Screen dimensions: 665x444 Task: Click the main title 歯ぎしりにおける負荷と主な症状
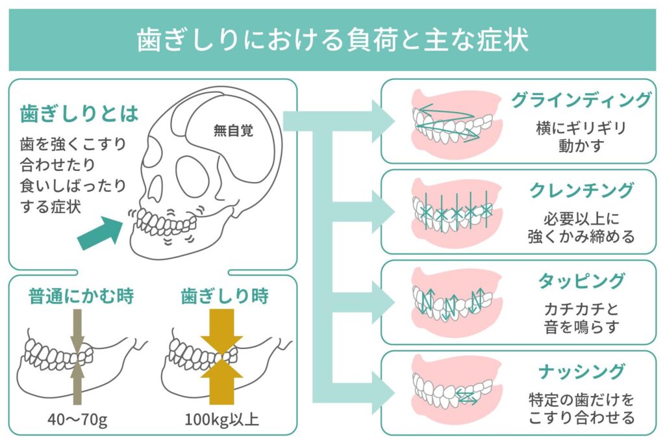click(332, 40)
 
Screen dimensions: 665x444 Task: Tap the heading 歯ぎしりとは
click(79, 114)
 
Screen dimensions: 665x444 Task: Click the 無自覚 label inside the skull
click(233, 130)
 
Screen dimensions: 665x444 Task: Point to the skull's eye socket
click(192, 176)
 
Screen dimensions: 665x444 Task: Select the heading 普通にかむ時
click(81, 296)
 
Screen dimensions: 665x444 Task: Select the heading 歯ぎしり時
click(225, 296)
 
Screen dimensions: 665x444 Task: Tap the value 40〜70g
click(78, 419)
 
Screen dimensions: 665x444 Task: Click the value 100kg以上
click(222, 419)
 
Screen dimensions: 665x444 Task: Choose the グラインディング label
click(581, 100)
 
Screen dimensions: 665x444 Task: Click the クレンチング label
click(581, 190)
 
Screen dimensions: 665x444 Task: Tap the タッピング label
click(581, 281)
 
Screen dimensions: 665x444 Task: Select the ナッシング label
click(581, 372)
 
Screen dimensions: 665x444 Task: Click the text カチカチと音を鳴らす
click(581, 318)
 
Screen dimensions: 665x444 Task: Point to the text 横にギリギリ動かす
click(581, 137)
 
